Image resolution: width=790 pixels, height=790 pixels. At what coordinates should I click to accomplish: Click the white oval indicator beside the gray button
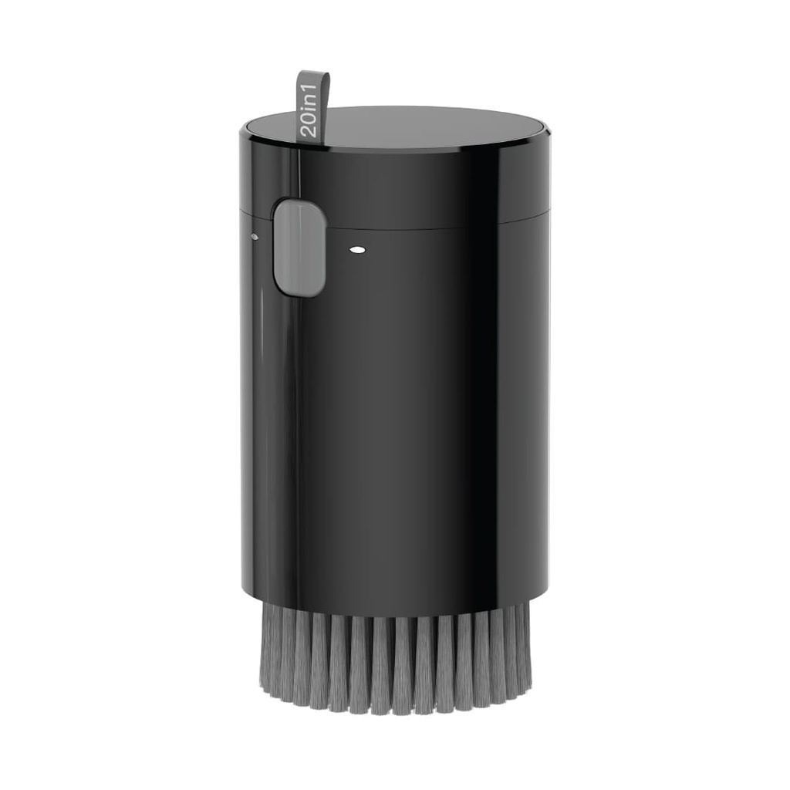pyautogui.click(x=356, y=250)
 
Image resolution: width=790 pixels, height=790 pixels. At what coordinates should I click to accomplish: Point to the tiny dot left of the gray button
pyautogui.click(x=255, y=237)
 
